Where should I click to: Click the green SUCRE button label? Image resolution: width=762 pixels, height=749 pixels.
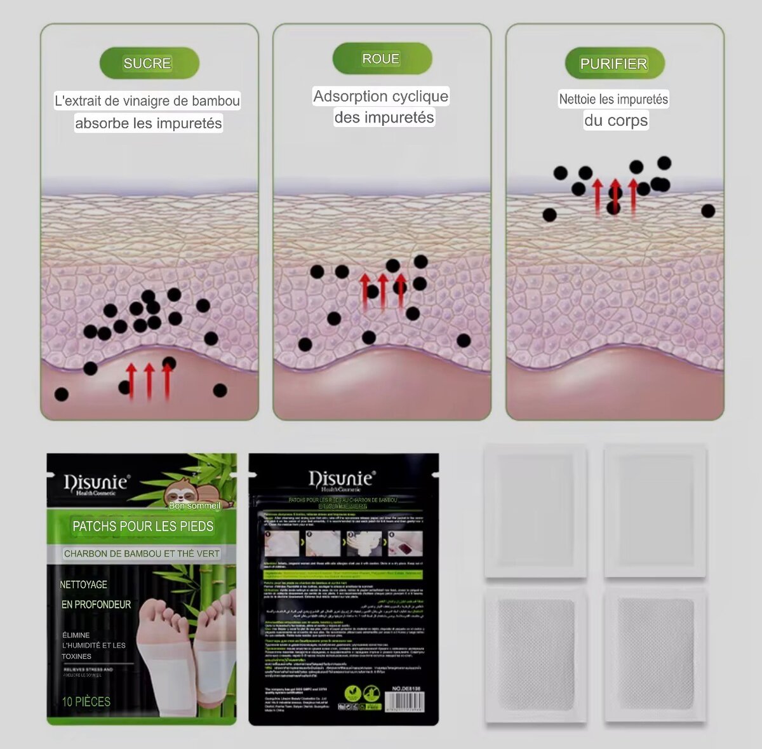[149, 64]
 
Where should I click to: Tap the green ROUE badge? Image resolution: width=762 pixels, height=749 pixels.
[382, 59]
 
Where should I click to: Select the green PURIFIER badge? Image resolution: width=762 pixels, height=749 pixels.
[614, 64]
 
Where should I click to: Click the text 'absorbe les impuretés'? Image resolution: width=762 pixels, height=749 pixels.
[149, 123]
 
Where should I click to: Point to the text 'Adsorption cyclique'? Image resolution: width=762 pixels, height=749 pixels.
[381, 97]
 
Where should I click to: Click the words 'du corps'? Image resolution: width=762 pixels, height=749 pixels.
[616, 121]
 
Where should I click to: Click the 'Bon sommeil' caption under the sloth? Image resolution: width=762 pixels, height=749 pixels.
[194, 506]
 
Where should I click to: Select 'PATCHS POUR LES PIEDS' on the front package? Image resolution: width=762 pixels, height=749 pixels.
[143, 526]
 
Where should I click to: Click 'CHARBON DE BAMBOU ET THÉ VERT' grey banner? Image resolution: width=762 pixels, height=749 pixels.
[142, 554]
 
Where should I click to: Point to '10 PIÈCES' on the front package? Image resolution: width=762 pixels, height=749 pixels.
[86, 701]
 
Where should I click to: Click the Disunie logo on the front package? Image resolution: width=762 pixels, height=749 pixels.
[96, 483]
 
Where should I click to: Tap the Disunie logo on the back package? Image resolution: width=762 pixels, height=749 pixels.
[342, 479]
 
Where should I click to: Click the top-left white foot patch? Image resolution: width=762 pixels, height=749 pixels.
[535, 511]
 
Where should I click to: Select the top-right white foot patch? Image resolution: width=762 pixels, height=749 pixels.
[655, 511]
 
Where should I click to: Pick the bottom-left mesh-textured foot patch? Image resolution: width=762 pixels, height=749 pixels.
[535, 654]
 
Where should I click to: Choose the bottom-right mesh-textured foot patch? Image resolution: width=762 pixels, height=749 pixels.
[655, 654]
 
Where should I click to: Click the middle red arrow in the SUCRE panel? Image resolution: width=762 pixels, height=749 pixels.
[149, 381]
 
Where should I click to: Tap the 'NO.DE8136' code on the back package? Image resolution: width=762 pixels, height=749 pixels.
[407, 689]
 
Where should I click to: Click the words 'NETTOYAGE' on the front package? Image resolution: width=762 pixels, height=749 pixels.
[83, 584]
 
